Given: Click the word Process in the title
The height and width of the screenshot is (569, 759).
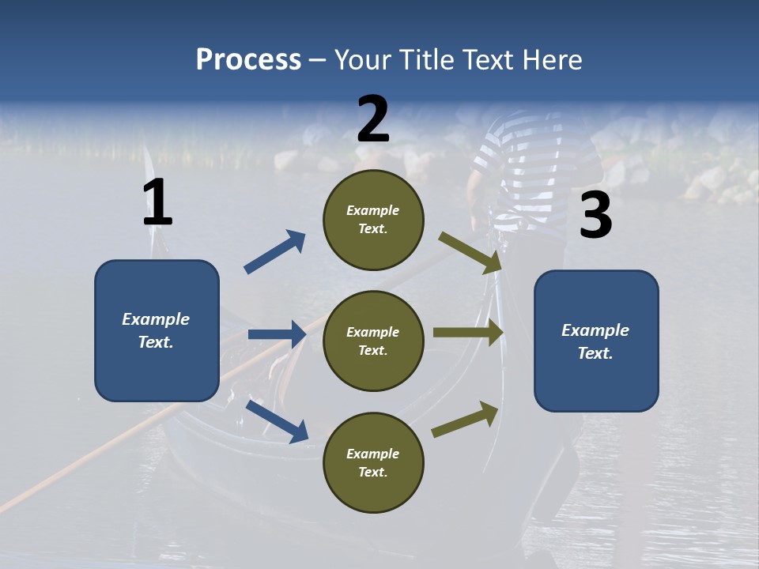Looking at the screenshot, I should (248, 60).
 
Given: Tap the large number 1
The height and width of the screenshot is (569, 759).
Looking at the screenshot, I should (157, 203).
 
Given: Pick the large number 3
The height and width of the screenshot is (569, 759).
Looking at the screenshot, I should (595, 216).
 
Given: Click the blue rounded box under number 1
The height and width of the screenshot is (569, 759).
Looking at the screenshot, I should (157, 330).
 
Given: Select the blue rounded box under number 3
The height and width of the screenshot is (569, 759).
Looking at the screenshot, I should (596, 341).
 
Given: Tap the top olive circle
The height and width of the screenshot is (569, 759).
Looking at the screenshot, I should (373, 220).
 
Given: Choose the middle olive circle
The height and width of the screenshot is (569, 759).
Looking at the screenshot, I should (373, 341).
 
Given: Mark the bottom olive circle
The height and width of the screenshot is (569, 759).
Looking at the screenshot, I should (373, 462).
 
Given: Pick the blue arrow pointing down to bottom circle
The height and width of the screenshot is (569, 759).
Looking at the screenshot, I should (278, 420).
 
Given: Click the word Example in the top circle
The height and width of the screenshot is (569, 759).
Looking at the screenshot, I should (373, 210).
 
